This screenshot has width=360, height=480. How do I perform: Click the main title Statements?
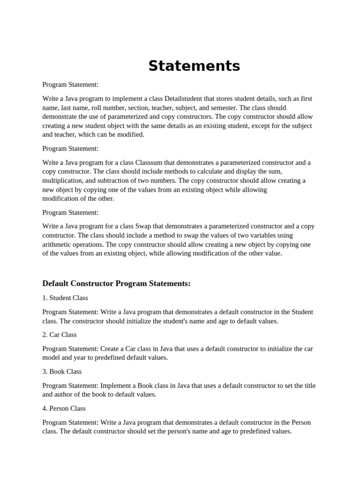[x=194, y=66]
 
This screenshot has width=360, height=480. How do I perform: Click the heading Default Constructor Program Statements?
[x=116, y=284]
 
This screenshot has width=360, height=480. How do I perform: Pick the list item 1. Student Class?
[x=65, y=298]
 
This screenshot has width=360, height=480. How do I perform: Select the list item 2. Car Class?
[x=60, y=335]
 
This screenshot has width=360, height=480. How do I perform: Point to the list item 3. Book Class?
[x=62, y=372]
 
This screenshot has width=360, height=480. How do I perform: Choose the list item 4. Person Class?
[x=64, y=408]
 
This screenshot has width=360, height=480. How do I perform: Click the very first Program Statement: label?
[x=70, y=85]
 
